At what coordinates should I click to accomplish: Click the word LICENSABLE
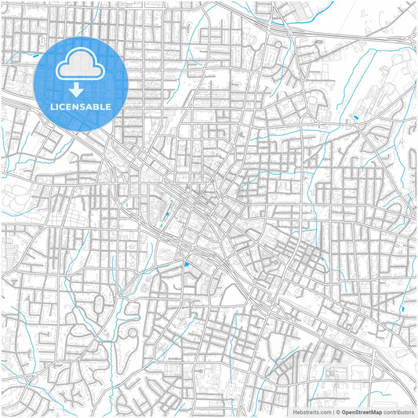coord(81,106)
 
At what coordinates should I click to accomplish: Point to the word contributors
coord(398,411)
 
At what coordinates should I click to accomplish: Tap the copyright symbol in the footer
coord(338,411)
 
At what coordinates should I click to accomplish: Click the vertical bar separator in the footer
coord(333,411)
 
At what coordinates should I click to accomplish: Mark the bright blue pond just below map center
coord(186,264)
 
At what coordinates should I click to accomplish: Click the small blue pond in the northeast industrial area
coord(354,118)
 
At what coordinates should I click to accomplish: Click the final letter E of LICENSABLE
coord(109,106)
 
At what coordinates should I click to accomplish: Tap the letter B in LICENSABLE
coord(96,106)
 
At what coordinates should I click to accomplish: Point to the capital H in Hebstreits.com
coord(294,411)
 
